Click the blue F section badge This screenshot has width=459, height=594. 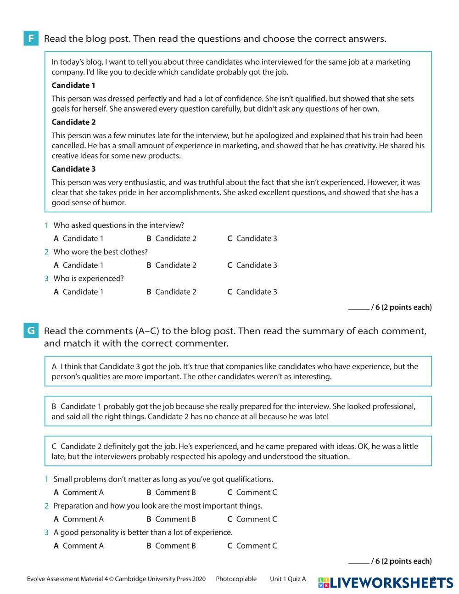[x=31, y=39]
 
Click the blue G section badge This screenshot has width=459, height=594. [x=31, y=331]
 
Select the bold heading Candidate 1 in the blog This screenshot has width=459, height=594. [x=73, y=85]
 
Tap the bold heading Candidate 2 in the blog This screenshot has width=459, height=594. [x=73, y=122]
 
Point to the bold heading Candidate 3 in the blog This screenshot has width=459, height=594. [x=73, y=169]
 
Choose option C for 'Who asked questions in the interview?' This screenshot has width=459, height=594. [x=252, y=238]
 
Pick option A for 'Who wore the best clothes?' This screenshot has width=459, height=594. [x=78, y=265]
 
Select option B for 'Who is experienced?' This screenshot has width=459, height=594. [x=171, y=291]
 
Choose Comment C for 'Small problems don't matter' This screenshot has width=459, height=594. [x=252, y=492]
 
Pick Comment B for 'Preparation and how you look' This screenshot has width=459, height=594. [x=171, y=519]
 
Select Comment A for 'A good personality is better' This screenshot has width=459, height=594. [x=78, y=545]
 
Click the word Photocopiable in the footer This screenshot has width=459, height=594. [x=236, y=579]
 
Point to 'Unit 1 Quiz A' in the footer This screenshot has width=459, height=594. [x=288, y=579]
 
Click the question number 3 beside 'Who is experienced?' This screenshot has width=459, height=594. [x=46, y=279]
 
